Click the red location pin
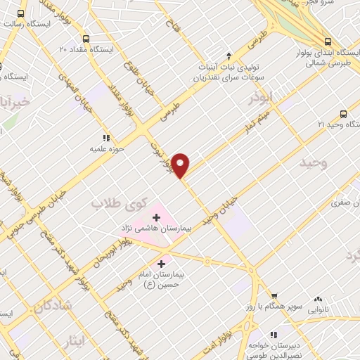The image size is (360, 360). (181, 165)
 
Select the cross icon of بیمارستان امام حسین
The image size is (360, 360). (161, 262)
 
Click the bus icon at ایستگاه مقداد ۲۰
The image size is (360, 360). (86, 39)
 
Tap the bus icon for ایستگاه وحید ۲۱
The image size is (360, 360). (343, 113)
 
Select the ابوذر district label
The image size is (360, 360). (261, 99)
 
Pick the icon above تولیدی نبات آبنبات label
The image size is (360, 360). (228, 56)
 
